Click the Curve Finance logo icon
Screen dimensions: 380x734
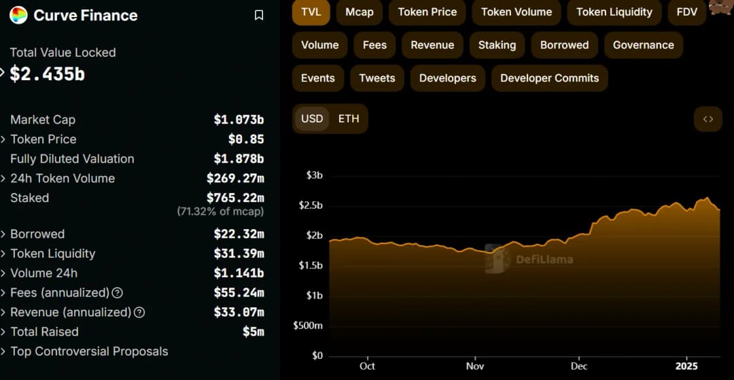point(18,15)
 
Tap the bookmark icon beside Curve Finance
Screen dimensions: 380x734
point(259,15)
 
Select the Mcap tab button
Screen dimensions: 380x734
point(360,12)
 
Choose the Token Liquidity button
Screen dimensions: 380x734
point(614,12)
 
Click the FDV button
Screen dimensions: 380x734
point(687,12)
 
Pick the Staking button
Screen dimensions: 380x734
point(497,45)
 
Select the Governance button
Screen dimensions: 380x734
point(643,45)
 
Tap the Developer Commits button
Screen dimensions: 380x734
point(549,78)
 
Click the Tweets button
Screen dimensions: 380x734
point(377,78)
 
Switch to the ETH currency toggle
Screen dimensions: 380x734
point(349,118)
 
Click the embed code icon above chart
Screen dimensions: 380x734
point(708,119)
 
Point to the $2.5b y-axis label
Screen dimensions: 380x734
point(310,205)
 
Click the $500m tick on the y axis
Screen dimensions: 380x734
point(308,326)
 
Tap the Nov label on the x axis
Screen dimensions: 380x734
point(474,366)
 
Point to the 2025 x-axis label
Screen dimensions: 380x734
point(687,366)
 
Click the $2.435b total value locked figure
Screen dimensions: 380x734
point(48,74)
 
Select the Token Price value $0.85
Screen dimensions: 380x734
point(246,139)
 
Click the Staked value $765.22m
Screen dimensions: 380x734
point(235,198)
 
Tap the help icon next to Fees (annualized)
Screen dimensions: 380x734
point(118,293)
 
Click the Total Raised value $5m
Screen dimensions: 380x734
point(253,332)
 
